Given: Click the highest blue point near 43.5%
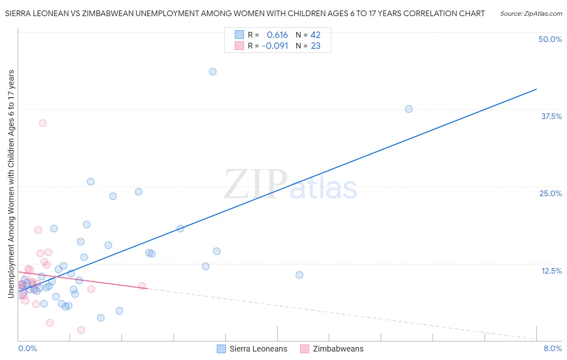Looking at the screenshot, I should coord(213,71).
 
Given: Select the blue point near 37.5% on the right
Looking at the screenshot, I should coord(409,109).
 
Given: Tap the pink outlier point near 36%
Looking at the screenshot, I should coord(43,123).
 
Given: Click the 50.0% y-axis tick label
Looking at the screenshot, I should coord(550,39).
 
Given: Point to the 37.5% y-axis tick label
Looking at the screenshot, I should coord(551,116).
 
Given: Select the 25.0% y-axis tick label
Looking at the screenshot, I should coord(550,193).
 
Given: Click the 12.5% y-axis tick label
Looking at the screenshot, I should coord(551,271).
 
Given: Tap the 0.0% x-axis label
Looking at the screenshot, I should coord(27,348).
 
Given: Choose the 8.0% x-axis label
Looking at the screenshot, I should coord(552,348).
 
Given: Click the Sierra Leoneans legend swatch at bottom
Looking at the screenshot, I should coord(221,349).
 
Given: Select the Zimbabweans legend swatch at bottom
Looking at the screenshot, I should coord(304,349).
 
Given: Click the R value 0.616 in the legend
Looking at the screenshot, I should coord(277,35).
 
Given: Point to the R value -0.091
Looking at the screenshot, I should coord(275,46).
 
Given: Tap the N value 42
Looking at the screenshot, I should coord(315,35).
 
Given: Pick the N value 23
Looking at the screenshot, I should coord(315,46).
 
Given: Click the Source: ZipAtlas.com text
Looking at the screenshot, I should coord(531,13).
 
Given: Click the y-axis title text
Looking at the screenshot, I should coord(11,184).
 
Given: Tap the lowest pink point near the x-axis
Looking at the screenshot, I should coord(81,330).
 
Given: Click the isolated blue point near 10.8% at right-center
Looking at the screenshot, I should coord(299,275).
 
